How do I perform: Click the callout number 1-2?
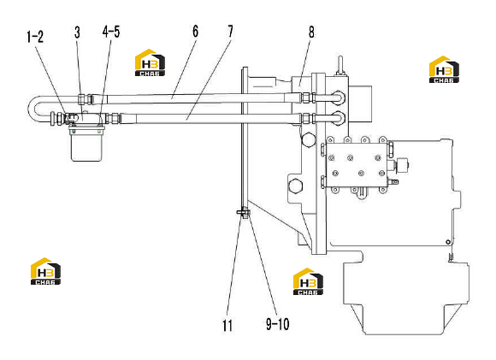point(35,37)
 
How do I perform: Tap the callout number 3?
point(78,32)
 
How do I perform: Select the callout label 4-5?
point(111,32)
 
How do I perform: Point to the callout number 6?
point(196,32)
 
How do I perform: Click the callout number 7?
point(231,32)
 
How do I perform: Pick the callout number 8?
point(311,32)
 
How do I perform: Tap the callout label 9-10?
point(277,324)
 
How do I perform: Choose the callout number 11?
point(227,326)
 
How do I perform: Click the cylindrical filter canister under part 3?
point(86,144)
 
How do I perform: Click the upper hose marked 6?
point(203,98)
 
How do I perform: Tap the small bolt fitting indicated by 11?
point(243,213)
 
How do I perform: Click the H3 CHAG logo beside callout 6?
point(150,62)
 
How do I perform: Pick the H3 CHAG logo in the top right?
point(444,69)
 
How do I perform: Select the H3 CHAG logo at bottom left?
point(45,271)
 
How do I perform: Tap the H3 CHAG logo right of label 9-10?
point(308,281)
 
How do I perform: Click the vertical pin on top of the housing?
point(340,65)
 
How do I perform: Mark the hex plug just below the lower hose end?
point(309,139)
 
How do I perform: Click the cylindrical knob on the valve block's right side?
point(403,165)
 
